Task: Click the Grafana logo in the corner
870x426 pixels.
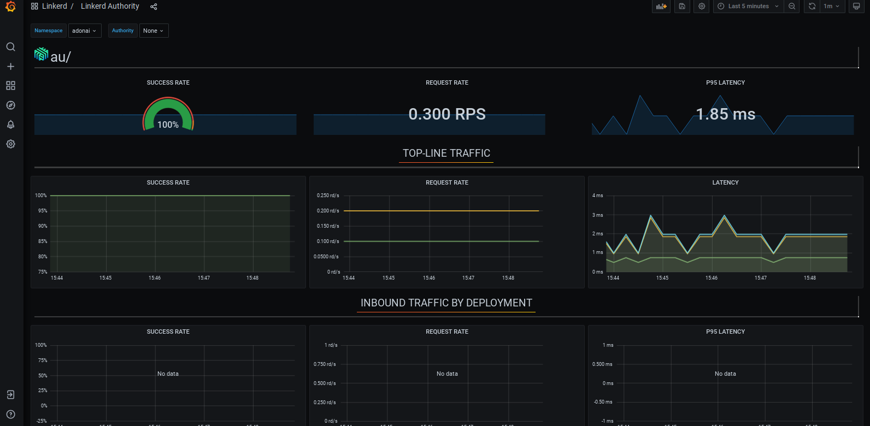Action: (10, 7)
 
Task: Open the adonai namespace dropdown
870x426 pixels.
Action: (84, 31)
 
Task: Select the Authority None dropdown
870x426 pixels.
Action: (154, 31)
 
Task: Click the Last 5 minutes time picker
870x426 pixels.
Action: (748, 7)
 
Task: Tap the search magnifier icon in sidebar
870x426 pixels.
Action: (10, 47)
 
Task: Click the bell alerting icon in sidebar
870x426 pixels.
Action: (10, 125)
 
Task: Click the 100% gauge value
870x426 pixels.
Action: (168, 125)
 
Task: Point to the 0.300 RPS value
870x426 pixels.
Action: (446, 114)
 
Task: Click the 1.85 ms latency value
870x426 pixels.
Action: (725, 114)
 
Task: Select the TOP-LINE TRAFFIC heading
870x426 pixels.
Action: (446, 153)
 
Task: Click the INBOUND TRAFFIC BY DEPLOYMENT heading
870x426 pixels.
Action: (446, 303)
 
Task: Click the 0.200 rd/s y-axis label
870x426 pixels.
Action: (328, 211)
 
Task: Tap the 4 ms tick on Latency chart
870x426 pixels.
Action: (598, 196)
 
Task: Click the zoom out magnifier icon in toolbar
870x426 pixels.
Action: (792, 7)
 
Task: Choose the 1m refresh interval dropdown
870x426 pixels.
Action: (831, 7)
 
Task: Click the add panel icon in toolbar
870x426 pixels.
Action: (661, 7)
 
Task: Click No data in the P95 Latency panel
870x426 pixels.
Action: (725, 374)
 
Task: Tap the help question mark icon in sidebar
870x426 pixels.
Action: (10, 415)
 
